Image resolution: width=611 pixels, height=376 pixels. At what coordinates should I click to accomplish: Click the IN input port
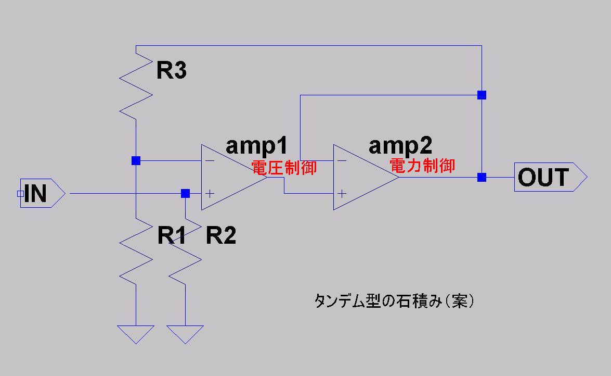(42, 193)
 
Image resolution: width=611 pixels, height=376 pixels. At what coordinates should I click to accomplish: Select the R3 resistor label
(171, 71)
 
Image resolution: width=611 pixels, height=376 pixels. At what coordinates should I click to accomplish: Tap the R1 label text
(172, 235)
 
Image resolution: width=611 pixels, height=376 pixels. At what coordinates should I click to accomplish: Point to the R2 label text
(221, 235)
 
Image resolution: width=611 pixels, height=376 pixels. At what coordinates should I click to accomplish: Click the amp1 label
(256, 147)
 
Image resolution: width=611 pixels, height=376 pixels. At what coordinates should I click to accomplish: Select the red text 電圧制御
(284, 168)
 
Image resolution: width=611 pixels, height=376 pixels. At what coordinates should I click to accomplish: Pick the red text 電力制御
(422, 166)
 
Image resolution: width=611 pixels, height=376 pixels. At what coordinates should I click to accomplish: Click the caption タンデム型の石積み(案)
(394, 302)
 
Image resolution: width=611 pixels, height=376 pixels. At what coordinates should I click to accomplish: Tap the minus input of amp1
(210, 160)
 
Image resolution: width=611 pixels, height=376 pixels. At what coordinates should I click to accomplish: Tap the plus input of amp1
(210, 194)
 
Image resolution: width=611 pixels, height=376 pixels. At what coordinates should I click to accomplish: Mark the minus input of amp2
(342, 160)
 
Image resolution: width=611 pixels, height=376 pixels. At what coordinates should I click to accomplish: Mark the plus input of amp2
(342, 194)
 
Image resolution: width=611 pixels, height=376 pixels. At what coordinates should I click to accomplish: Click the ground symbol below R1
(136, 333)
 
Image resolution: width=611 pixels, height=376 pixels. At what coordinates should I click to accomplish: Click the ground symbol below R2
(185, 333)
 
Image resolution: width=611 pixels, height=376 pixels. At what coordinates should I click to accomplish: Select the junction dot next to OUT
(482, 178)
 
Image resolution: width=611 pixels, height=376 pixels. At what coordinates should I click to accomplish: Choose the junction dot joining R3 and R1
(136, 160)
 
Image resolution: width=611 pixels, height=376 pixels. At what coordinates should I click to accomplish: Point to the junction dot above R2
(185, 194)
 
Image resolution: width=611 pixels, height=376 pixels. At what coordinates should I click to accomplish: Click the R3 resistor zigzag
(136, 86)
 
